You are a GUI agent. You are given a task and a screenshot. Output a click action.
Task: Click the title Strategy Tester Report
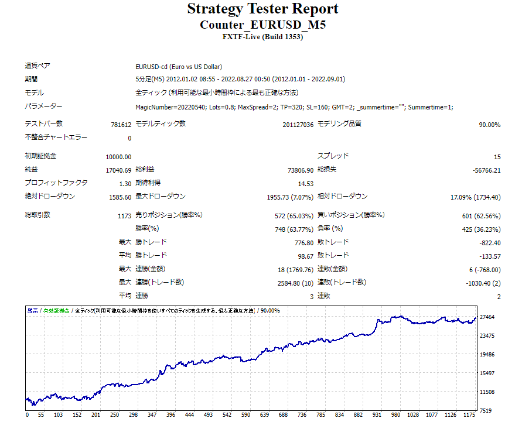click(262, 9)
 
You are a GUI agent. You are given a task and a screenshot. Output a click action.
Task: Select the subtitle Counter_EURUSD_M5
click(262, 25)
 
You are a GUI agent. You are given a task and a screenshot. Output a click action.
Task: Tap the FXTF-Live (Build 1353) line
click(262, 37)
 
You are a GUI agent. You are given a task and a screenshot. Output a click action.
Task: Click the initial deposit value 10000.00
click(118, 157)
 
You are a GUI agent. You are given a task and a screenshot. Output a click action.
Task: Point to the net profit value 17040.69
click(118, 170)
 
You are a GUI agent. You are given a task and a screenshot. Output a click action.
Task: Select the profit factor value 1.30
click(125, 183)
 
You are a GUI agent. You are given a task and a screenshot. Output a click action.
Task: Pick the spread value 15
click(497, 157)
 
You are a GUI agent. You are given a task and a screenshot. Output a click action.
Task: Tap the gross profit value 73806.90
click(298, 170)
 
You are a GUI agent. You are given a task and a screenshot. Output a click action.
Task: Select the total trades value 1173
click(124, 215)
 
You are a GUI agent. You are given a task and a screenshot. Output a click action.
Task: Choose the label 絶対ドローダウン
click(50, 196)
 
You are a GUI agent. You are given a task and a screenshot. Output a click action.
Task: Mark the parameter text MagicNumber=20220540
click(163, 107)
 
